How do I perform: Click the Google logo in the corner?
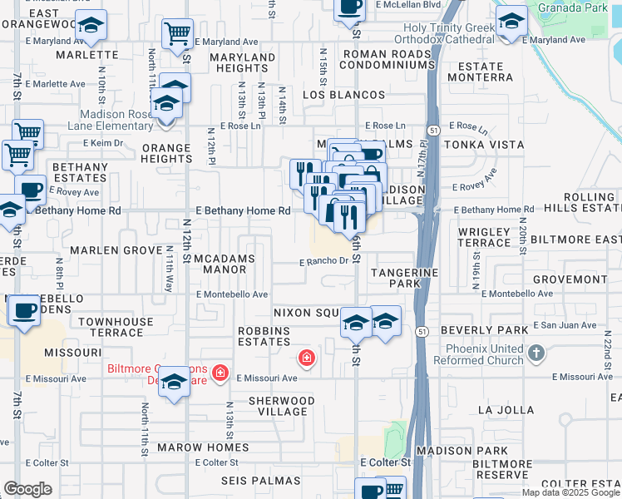click(27, 489)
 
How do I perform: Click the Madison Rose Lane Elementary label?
click(116, 121)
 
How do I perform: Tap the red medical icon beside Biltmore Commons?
click(220, 373)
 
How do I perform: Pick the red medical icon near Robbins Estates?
click(306, 358)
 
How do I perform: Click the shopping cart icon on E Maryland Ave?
click(176, 35)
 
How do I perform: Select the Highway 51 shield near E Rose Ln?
click(433, 131)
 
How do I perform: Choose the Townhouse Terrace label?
click(116, 327)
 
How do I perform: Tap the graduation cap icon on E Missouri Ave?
click(174, 382)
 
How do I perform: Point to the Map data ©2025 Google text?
click(570, 492)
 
